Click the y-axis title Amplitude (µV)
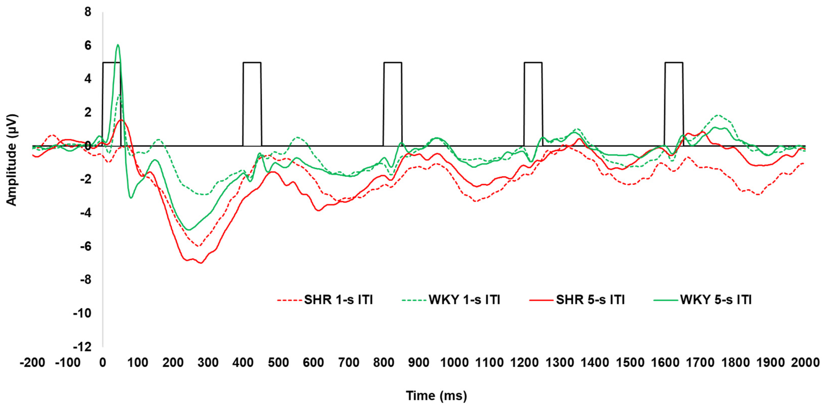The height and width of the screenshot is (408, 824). (x=11, y=160)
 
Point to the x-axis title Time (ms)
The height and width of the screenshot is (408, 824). (x=436, y=396)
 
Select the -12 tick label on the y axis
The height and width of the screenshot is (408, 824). (x=82, y=347)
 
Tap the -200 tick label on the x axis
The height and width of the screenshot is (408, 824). (x=32, y=363)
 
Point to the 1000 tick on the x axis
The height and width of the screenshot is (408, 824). (x=454, y=363)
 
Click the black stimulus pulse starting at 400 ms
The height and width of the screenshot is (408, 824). (x=252, y=63)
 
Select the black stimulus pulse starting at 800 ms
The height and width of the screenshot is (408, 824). (x=393, y=63)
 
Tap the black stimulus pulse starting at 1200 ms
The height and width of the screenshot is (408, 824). (x=533, y=63)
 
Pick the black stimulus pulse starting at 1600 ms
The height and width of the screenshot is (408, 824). (x=674, y=63)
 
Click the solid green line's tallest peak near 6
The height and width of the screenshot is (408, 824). (x=118, y=45)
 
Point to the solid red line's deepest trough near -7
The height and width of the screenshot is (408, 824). (x=201, y=263)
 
